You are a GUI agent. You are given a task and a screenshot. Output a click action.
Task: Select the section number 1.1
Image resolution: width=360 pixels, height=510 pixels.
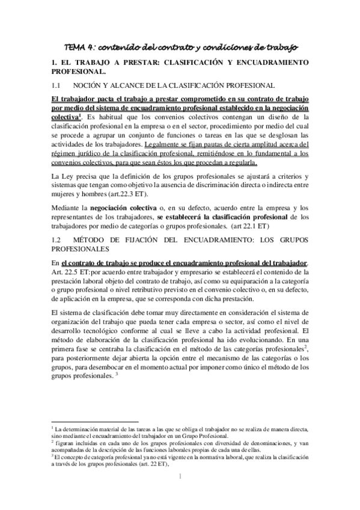click(57, 85)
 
